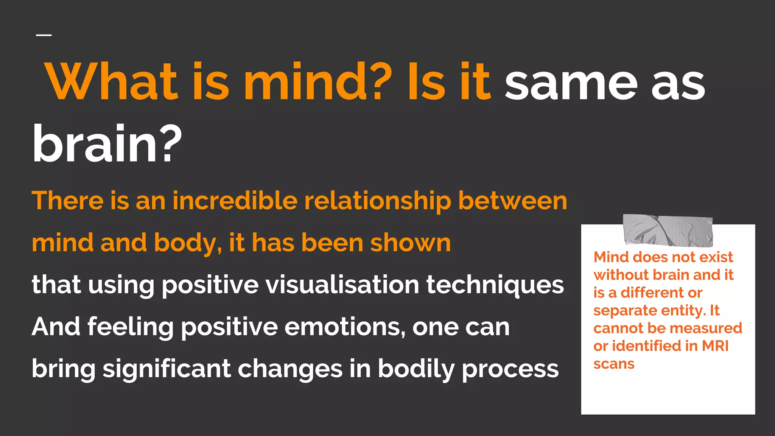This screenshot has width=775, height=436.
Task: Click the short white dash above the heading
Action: click(x=44, y=35)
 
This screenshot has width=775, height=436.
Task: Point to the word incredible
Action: click(x=235, y=200)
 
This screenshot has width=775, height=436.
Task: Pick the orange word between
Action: click(x=512, y=200)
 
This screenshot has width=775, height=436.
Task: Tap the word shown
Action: click(x=410, y=243)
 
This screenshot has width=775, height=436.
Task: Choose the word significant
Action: click(x=167, y=369)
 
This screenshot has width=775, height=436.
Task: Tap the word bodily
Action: click(x=416, y=369)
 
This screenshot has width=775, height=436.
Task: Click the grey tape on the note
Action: click(x=668, y=230)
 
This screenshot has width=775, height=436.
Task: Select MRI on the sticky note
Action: click(x=715, y=346)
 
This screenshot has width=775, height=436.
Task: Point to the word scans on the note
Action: click(x=614, y=364)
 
